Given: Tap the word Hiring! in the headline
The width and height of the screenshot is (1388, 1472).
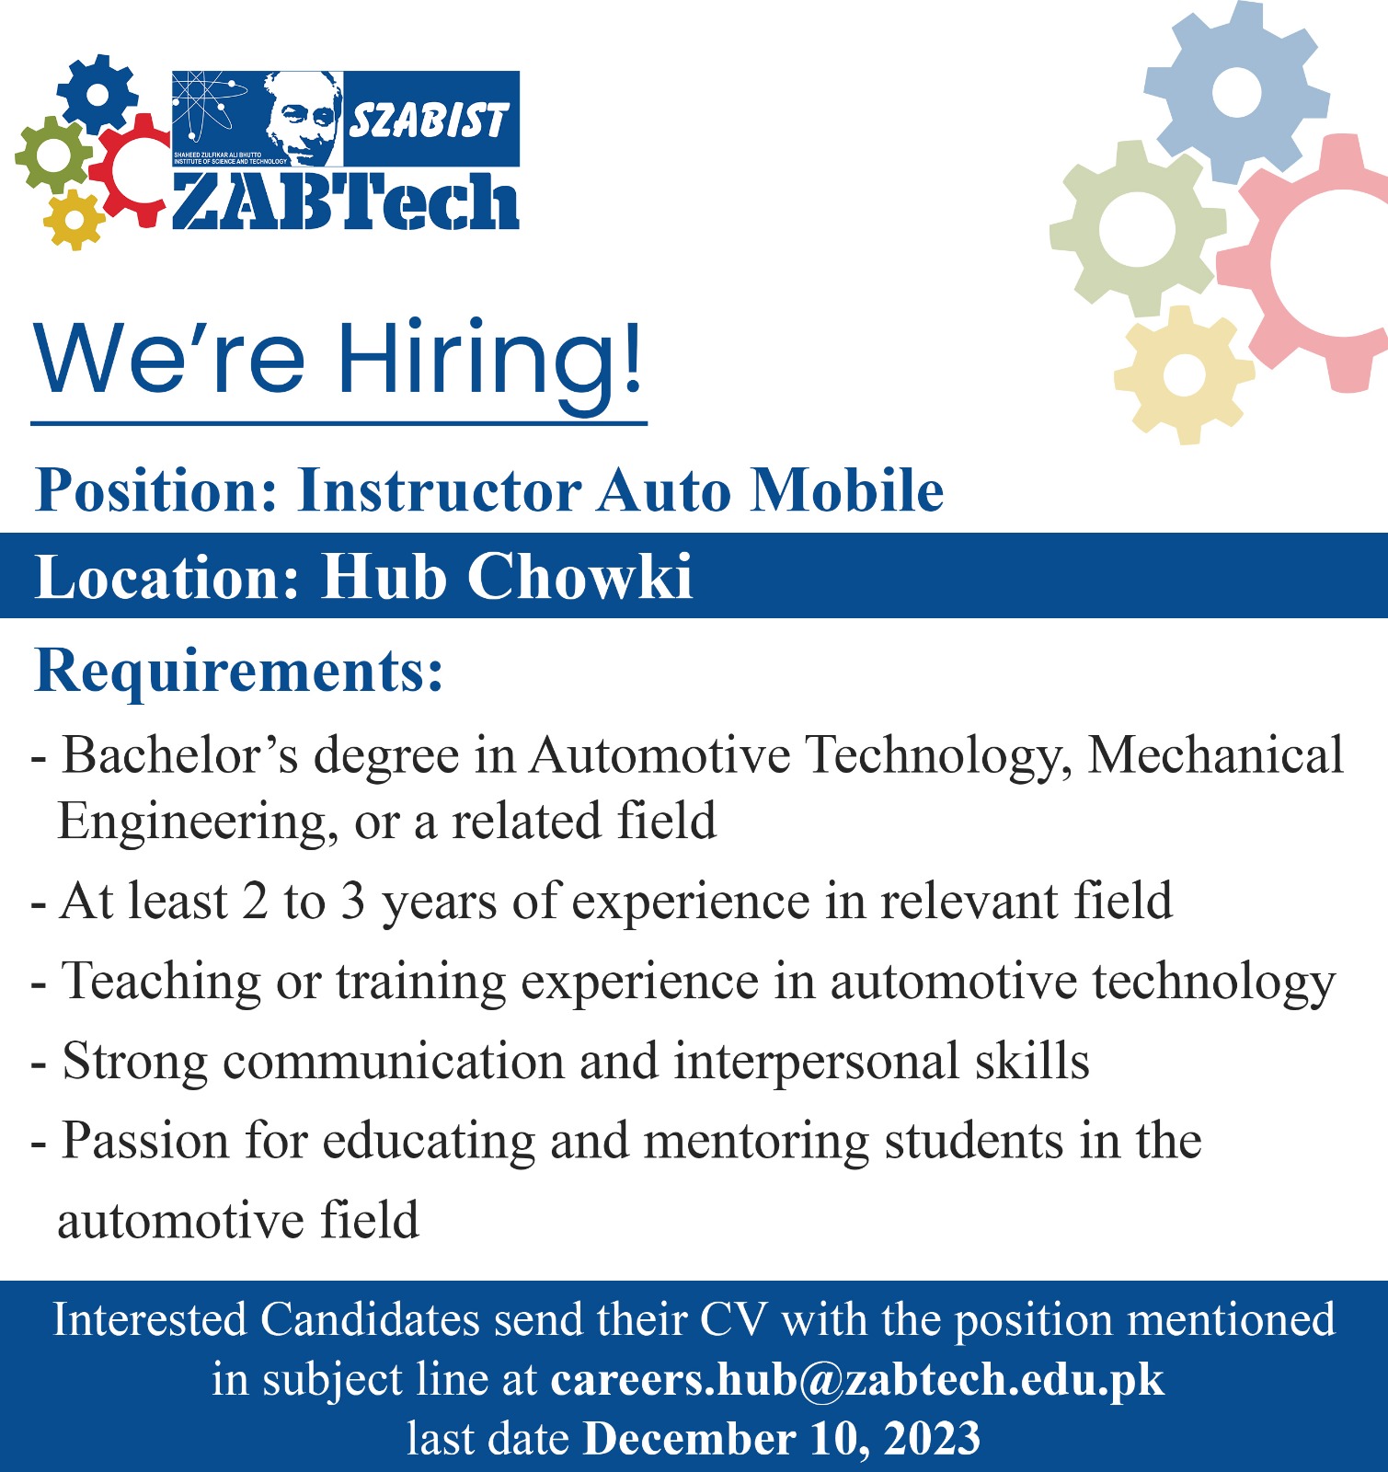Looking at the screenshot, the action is [489, 360].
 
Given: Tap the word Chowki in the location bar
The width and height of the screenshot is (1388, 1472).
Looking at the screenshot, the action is [579, 577].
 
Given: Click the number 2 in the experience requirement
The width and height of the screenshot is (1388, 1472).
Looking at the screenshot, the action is [255, 901].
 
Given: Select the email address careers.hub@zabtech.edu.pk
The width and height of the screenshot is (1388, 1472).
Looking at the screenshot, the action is [857, 1379].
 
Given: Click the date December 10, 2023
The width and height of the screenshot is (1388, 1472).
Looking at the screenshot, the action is [782, 1439].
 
